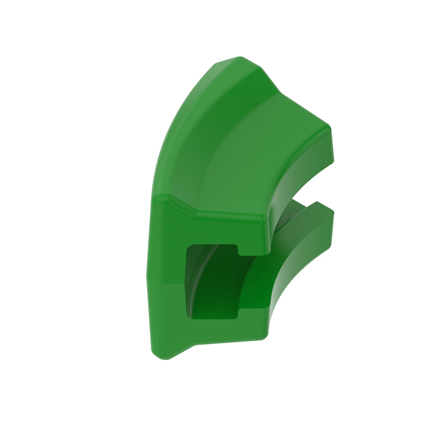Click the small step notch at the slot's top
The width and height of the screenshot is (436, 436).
pyautogui.click(x=239, y=251)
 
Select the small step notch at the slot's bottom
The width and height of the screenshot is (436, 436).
pyautogui.click(x=239, y=313)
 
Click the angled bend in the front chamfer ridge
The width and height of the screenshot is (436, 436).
pyautogui.click(x=193, y=213)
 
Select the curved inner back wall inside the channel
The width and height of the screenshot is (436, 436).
pyautogui.click(x=203, y=276)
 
